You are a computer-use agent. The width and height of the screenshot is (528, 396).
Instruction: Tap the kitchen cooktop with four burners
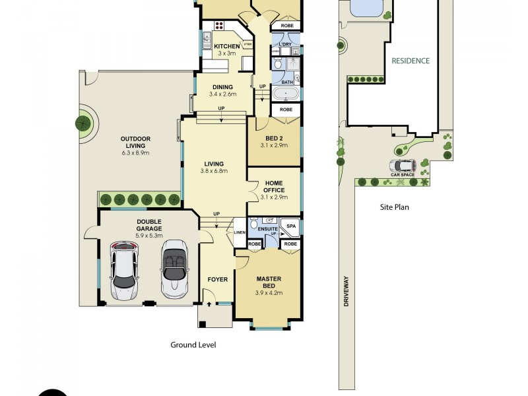tap(218, 26)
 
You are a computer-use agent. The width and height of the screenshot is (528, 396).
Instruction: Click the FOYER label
tap(217, 279)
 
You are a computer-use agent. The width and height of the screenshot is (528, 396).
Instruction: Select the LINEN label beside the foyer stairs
tap(240, 232)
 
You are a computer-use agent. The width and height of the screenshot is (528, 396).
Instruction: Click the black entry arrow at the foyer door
tap(209, 304)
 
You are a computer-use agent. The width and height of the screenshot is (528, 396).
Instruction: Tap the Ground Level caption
tap(193, 345)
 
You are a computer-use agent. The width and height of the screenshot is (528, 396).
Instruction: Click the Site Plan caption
tap(394, 207)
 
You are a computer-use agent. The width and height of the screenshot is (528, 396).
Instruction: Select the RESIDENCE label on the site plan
tap(411, 61)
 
